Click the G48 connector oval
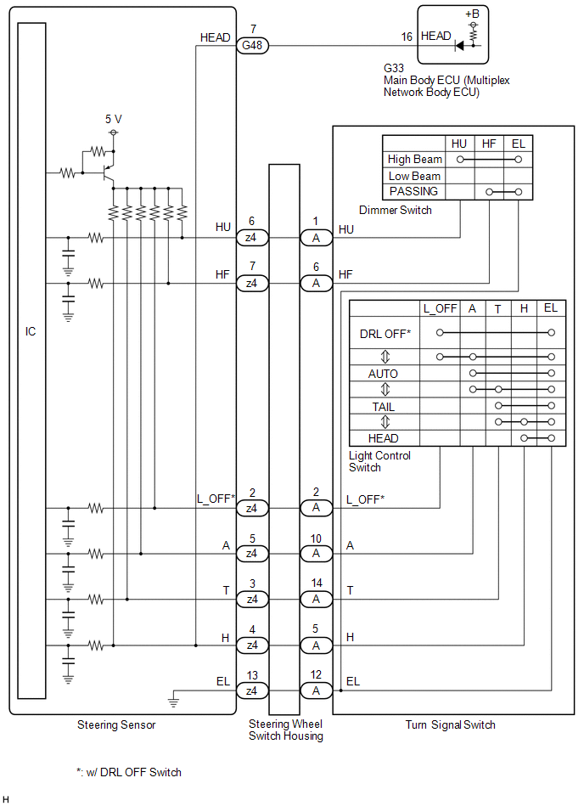[x=251, y=46]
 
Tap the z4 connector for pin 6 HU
[x=251, y=237]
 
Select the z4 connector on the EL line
[x=251, y=690]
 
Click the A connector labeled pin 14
[x=316, y=599]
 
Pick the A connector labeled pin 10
[x=316, y=553]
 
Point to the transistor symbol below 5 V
[x=106, y=173]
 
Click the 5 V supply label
[x=114, y=120]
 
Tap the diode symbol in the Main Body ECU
[x=459, y=46]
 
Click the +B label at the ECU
[x=472, y=14]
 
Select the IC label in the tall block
[x=31, y=331]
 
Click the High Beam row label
[x=414, y=160]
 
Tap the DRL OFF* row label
[x=385, y=334]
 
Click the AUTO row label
[x=383, y=374]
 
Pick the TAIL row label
[x=383, y=407]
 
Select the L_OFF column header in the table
[x=440, y=308]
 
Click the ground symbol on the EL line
[x=173, y=702]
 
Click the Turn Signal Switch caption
[x=450, y=724]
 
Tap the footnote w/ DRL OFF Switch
[x=128, y=772]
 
